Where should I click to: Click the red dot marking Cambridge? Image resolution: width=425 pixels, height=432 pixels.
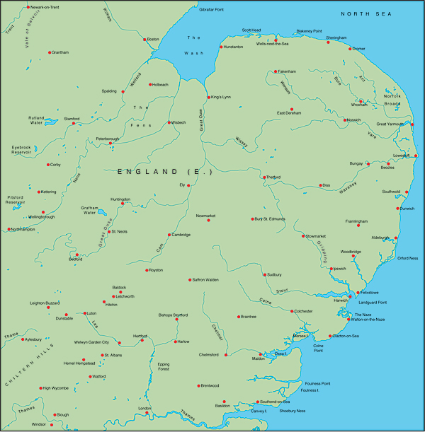169,235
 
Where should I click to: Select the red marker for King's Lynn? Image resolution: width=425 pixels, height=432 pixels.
209,97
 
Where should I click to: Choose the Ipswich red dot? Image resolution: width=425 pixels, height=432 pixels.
331,269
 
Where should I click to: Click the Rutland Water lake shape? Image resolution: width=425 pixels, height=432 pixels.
51,122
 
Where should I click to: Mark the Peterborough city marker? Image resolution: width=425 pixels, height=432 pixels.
110,144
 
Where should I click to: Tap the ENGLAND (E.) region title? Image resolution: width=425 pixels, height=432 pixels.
159,172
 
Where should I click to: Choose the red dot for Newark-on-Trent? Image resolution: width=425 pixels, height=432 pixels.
28,7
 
